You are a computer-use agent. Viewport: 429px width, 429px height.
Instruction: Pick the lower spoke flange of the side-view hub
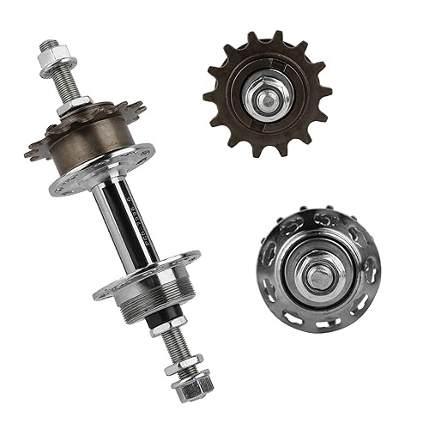(146, 276)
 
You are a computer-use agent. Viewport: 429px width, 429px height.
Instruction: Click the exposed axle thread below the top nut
(62, 86)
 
